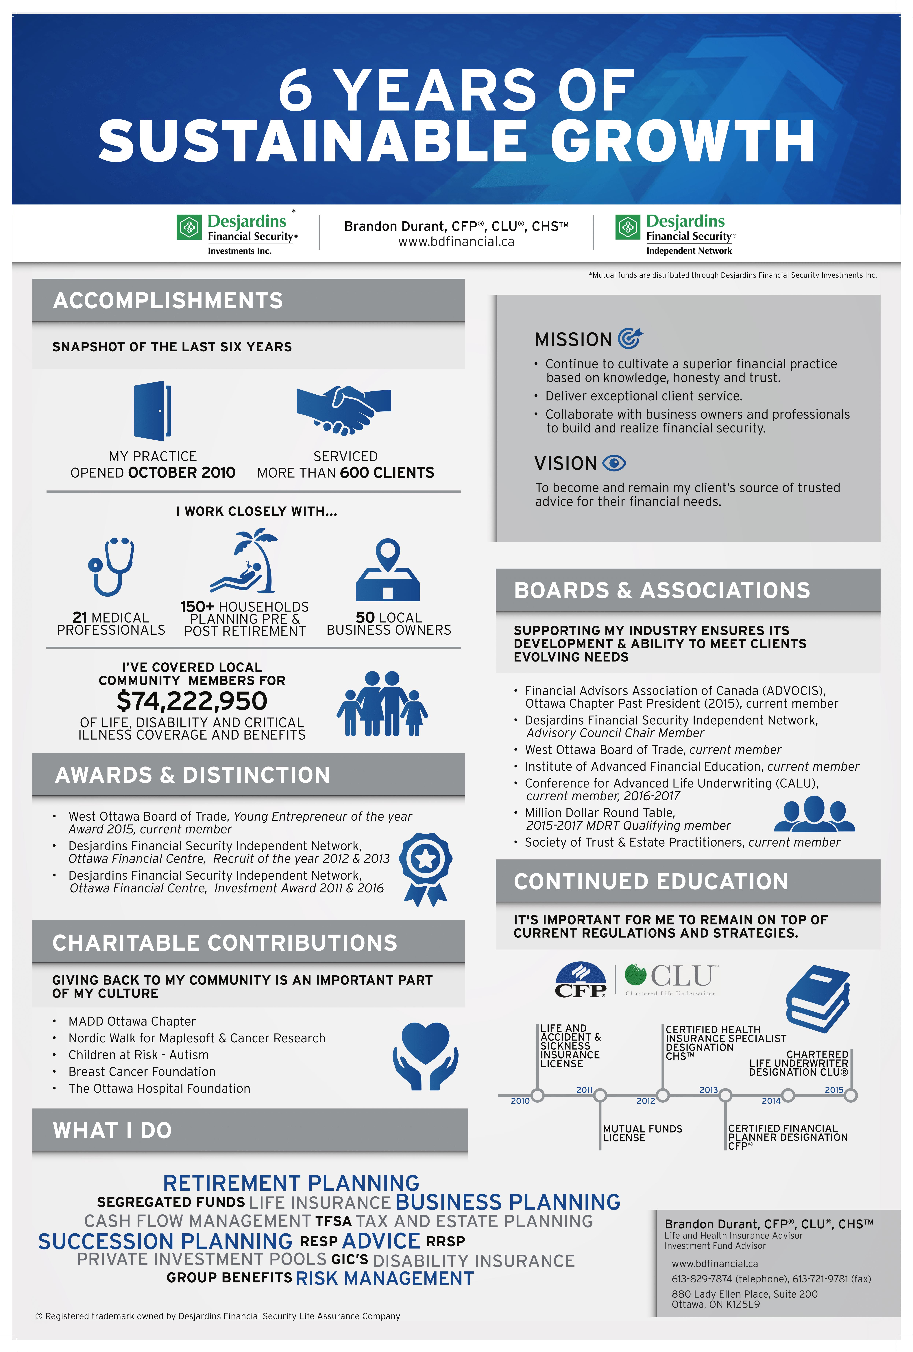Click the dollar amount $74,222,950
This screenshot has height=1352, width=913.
point(192,701)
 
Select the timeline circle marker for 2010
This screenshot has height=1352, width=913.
point(538,1095)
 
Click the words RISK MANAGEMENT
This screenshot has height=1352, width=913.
point(385,1278)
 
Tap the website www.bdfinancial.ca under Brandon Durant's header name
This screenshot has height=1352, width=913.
point(456,242)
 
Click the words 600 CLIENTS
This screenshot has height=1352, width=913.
point(387,472)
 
